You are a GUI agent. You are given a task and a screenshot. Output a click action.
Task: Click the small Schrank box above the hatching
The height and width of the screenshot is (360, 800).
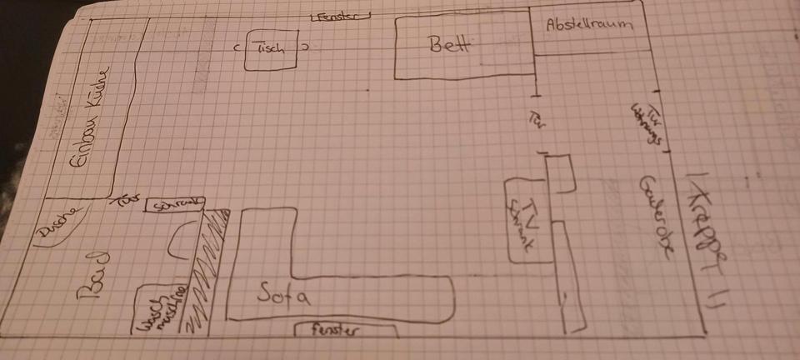coord(176,204)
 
